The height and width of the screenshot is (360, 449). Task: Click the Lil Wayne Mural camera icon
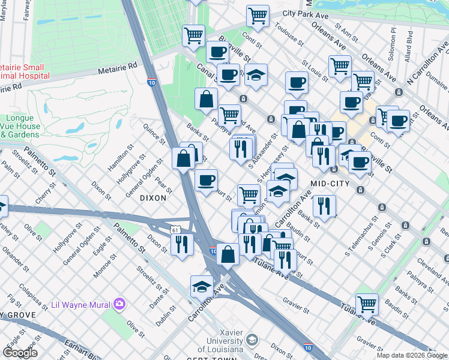click(x=119, y=304)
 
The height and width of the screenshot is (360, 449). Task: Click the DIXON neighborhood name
click(x=152, y=197)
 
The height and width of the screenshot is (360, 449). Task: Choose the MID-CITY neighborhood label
click(x=330, y=182)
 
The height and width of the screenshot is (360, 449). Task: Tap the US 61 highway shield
click(x=175, y=229)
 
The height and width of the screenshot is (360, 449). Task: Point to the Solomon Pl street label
click(x=393, y=38)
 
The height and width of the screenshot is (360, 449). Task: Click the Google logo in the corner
click(x=20, y=352)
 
